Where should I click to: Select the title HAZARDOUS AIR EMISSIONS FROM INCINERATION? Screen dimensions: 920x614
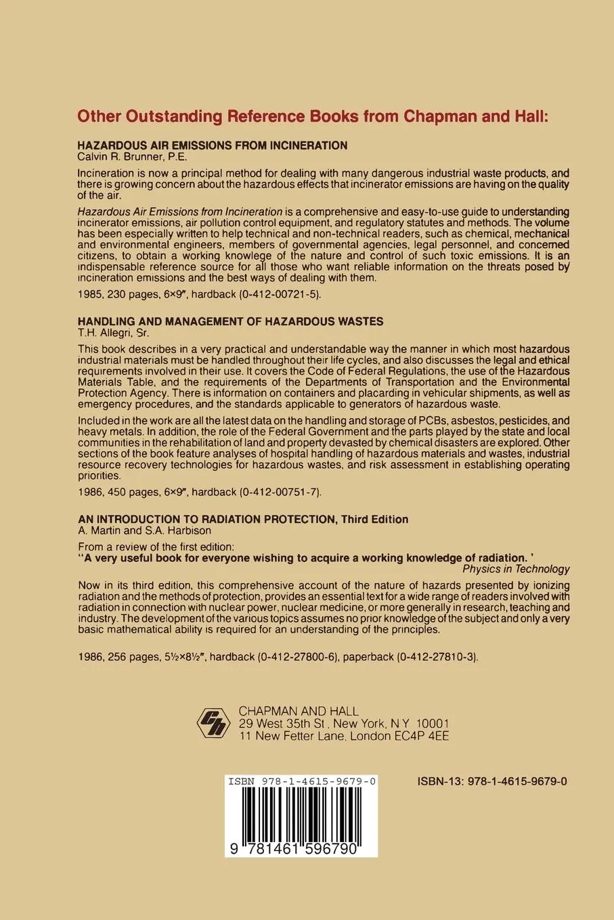[213, 145]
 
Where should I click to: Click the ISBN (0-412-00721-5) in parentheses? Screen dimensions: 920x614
[269, 294]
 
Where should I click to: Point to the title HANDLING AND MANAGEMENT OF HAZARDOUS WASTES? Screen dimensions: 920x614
[231, 321]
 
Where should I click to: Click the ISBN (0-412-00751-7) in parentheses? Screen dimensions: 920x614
[270, 492]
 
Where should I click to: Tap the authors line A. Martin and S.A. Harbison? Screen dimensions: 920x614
[145, 531]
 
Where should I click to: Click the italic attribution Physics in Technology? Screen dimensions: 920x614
[516, 569]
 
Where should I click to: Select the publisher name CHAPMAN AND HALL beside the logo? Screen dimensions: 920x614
[299, 712]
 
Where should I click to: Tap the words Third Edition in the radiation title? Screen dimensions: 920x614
[374, 520]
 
